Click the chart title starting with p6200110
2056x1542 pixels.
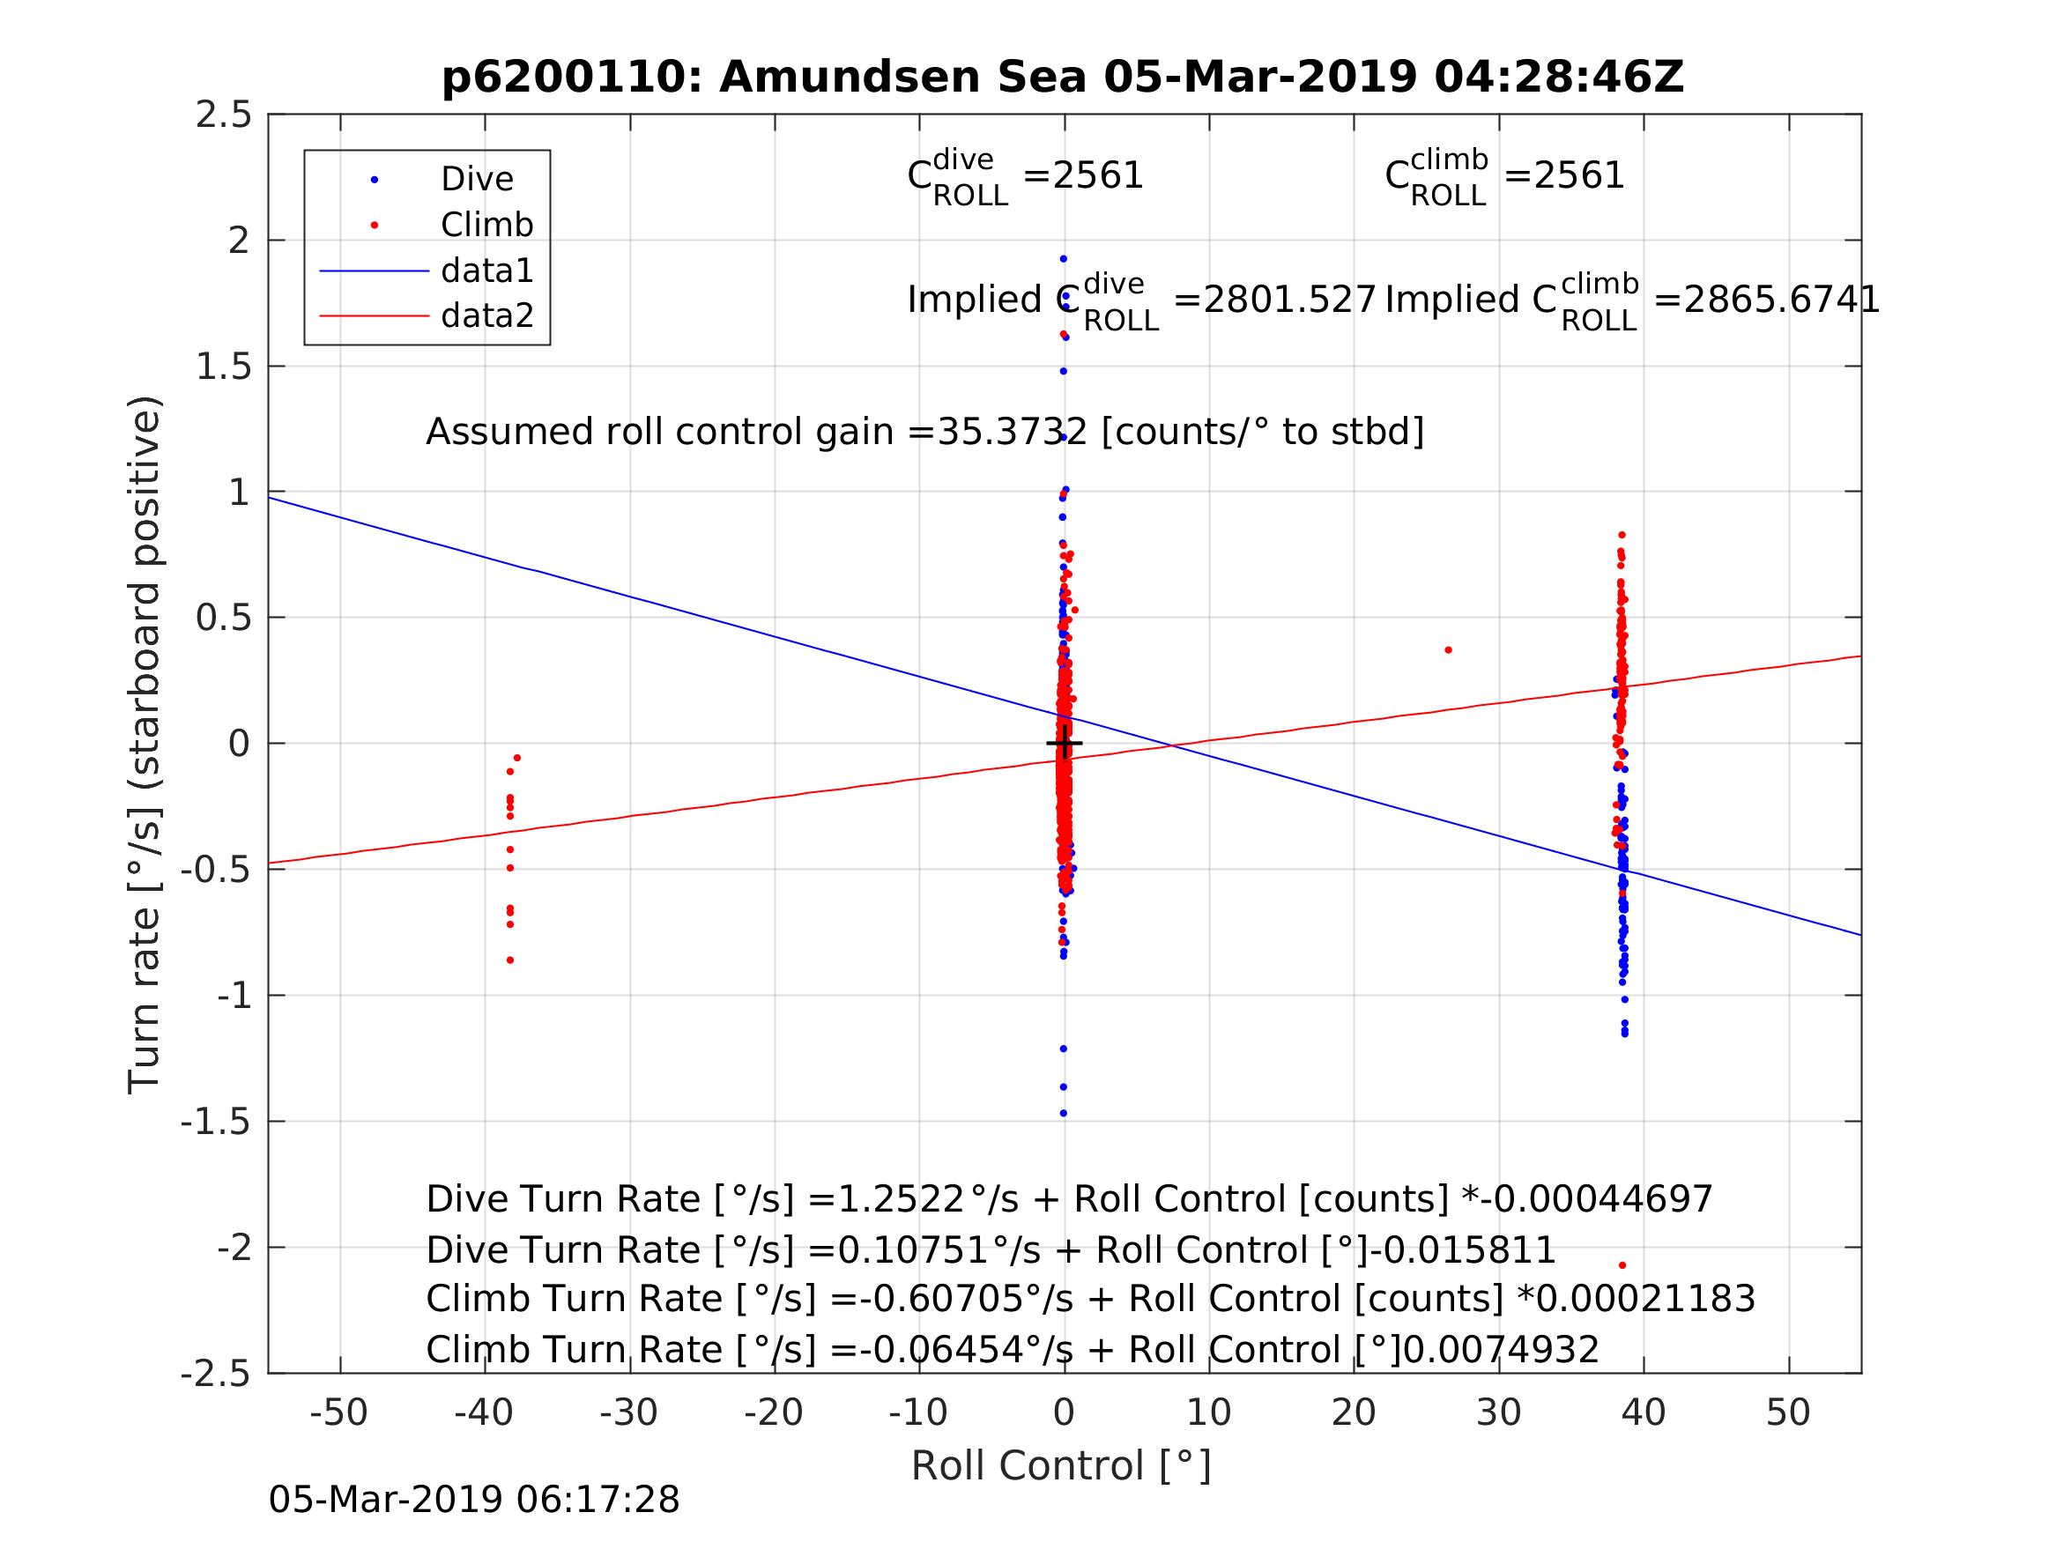pyautogui.click(x=1063, y=78)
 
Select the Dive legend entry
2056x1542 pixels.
pyautogui.click(x=476, y=180)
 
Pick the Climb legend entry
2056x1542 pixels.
pyautogui.click(x=486, y=225)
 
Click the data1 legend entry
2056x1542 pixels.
pyautogui.click(x=486, y=271)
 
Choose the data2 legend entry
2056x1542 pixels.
pyautogui.click(x=486, y=316)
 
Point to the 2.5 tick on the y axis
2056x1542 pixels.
pyautogui.click(x=224, y=115)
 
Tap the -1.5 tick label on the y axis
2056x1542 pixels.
pyautogui.click(x=216, y=1122)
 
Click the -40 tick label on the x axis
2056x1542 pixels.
pyautogui.click(x=483, y=1412)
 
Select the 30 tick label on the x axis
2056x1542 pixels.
pyautogui.click(x=1498, y=1412)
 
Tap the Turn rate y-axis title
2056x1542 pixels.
pyautogui.click(x=145, y=745)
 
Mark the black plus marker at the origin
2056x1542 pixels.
pyautogui.click(x=1065, y=744)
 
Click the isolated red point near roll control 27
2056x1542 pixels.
pyautogui.click(x=1448, y=650)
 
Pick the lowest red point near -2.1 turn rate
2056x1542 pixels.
pyautogui.click(x=1622, y=1265)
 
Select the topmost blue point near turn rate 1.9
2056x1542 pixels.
pyautogui.click(x=1064, y=259)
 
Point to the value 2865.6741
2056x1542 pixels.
pyautogui.click(x=1766, y=300)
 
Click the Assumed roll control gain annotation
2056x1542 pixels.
pyautogui.click(x=924, y=433)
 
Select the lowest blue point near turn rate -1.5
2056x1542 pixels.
pyautogui.click(x=1064, y=1114)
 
